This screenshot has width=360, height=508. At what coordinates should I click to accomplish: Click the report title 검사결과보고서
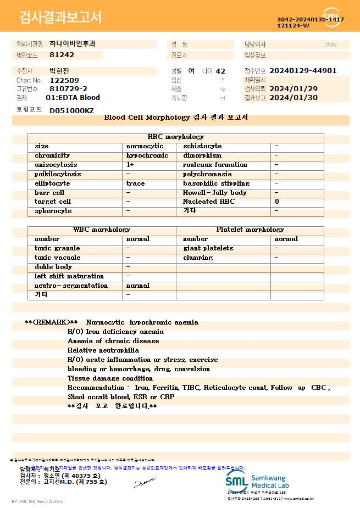point(60,18)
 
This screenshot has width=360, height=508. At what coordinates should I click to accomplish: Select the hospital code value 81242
point(62,55)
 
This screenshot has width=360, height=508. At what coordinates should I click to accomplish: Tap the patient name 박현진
point(60,71)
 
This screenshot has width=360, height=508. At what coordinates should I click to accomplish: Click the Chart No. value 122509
point(64,80)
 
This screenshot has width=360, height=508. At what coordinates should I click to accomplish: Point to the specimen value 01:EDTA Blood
point(73,98)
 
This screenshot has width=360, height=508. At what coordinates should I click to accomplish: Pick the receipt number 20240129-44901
point(303,71)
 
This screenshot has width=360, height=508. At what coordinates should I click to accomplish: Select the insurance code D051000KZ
point(71,110)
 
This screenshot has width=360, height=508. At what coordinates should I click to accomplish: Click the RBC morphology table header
point(176,137)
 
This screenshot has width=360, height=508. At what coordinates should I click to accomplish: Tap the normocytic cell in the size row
point(145,146)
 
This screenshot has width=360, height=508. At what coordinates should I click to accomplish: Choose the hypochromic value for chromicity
point(147,155)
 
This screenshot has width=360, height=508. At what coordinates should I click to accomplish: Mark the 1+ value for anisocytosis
point(130,165)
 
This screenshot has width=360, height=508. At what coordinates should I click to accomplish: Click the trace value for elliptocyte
point(135,183)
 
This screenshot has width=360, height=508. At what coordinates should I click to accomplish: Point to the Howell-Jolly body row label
point(214,193)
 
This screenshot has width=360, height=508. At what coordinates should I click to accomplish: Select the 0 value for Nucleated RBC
point(276,202)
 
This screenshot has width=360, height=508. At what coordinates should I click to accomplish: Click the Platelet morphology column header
point(250,230)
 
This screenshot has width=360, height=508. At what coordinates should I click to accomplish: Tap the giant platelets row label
point(208,248)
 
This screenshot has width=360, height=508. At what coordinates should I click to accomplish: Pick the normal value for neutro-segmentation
point(137,286)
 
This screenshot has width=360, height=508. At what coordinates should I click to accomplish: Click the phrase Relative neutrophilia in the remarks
point(103,350)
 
